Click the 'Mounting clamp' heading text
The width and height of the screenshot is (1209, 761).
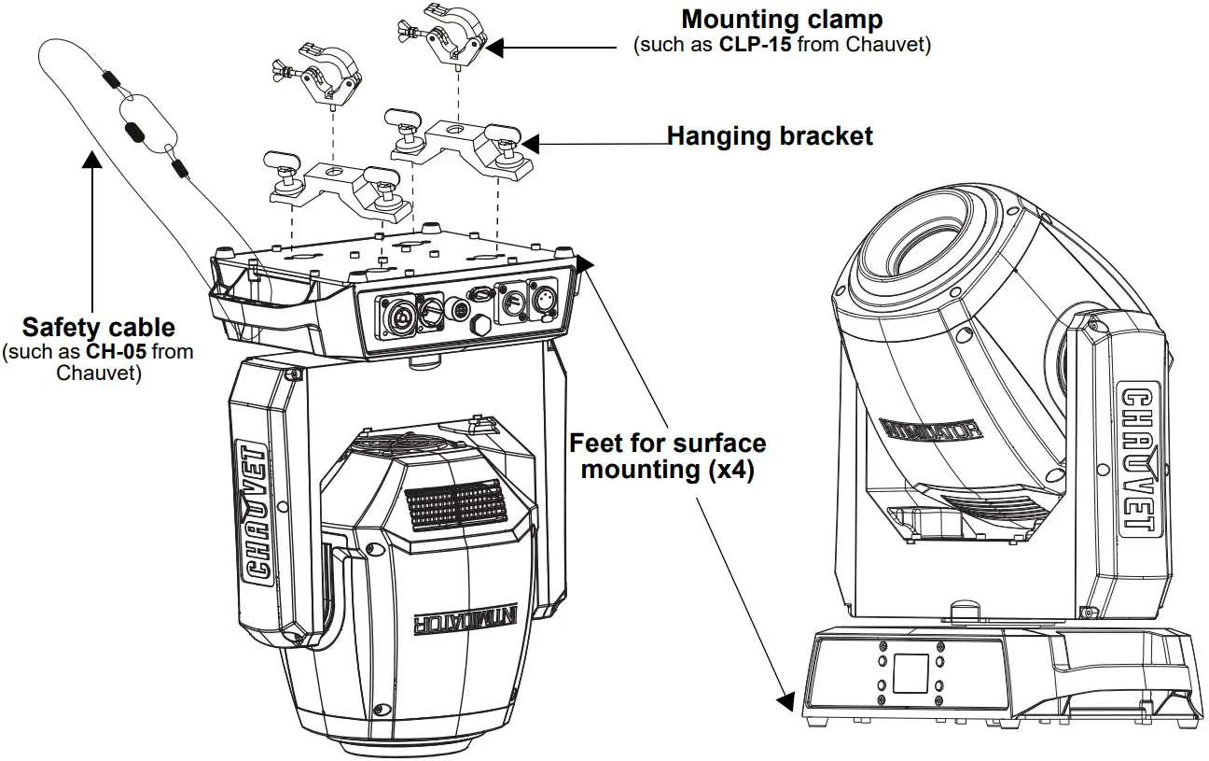click(782, 19)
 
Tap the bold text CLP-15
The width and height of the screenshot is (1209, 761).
click(757, 45)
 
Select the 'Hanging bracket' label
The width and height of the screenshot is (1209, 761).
click(770, 136)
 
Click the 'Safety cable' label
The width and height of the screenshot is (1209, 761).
click(99, 328)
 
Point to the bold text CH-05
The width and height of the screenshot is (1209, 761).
click(117, 351)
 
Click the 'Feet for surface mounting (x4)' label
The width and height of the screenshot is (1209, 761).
click(667, 456)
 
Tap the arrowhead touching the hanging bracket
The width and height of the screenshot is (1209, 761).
click(531, 143)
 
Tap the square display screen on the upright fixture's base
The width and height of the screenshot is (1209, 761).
click(911, 672)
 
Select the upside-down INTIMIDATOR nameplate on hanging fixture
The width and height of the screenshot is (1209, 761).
click(457, 623)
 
